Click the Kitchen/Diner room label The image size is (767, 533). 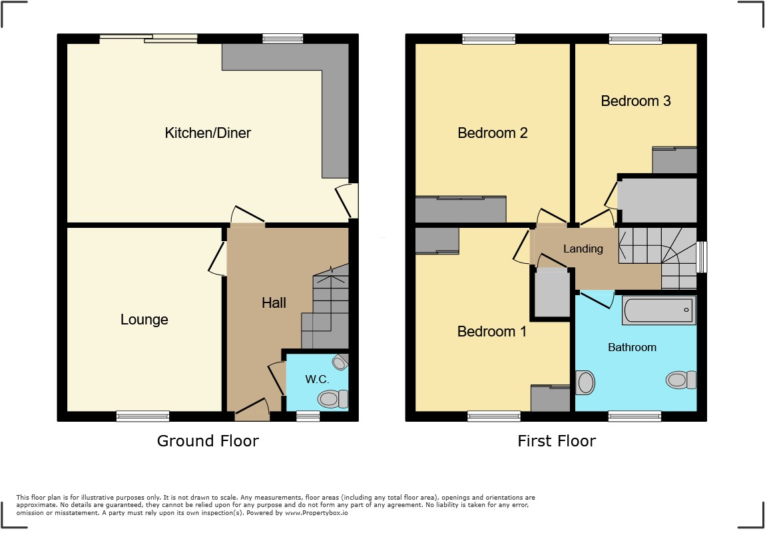[208, 133]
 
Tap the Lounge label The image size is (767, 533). [144, 320]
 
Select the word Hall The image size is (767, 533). [274, 303]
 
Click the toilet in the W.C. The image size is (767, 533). [333, 398]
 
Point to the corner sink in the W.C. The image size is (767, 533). [341, 362]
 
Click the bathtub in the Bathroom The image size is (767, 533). [658, 310]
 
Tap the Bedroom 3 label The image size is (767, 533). [635, 101]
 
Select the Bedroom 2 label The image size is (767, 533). [492, 133]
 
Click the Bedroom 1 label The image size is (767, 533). [491, 332]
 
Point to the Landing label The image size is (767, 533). [583, 249]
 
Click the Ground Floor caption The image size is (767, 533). [208, 441]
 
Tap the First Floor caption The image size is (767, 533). [557, 441]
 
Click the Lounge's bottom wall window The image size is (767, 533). [142, 416]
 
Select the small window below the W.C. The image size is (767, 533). [307, 416]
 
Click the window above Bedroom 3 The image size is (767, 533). [635, 39]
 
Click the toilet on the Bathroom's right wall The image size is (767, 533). [681, 380]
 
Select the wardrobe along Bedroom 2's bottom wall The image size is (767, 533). [461, 210]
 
